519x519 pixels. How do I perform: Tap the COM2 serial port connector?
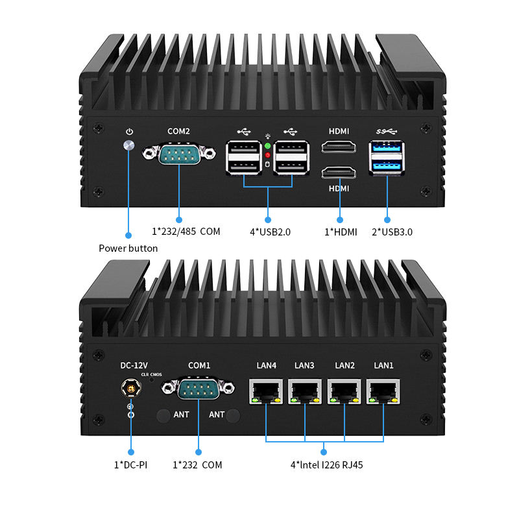point(178,154)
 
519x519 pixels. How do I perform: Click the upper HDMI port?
point(339,149)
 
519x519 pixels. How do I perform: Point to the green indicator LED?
point(267,146)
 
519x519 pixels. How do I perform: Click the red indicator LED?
point(267,155)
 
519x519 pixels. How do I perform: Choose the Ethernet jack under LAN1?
point(383,391)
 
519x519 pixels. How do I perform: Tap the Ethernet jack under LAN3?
point(305,391)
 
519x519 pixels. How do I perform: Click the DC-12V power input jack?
point(131,389)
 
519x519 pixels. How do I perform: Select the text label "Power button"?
point(128,248)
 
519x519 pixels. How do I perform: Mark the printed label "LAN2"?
point(344,365)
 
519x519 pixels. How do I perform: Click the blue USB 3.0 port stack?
point(387,158)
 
